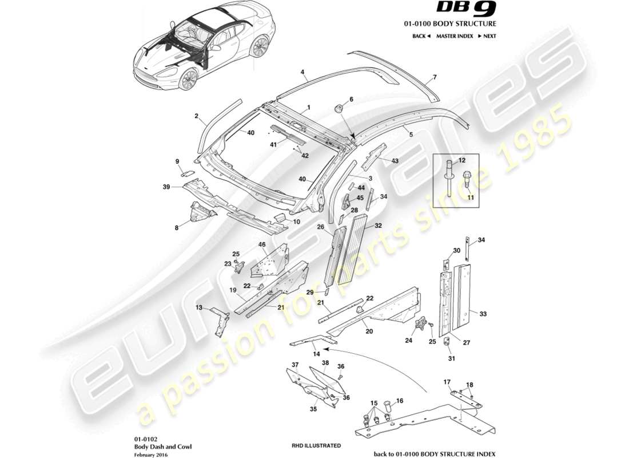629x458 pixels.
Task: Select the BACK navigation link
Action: tap(421, 36)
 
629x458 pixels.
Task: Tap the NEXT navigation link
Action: tap(487, 36)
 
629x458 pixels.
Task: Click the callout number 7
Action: tap(435, 77)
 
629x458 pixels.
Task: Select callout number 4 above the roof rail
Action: tap(303, 73)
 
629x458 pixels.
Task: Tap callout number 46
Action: tap(262, 244)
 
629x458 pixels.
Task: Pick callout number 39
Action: tap(167, 187)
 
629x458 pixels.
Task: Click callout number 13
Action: tap(199, 307)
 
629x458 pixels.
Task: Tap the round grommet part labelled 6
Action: tap(338, 109)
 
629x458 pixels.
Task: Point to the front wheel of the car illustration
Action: tap(188, 79)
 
